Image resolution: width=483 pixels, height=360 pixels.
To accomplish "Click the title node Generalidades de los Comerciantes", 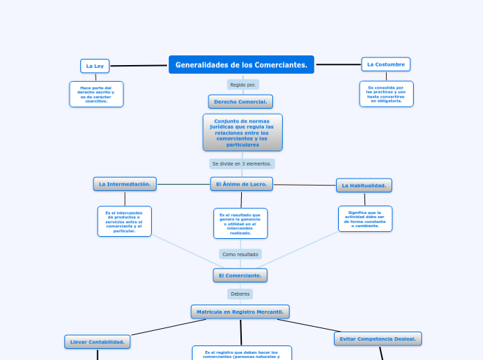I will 241,65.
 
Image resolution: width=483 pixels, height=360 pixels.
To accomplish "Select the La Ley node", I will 95,66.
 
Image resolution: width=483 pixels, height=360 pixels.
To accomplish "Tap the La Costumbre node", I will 386,64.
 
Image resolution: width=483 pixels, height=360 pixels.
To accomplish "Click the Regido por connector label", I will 243,84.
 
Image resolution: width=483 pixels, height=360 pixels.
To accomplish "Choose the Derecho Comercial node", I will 240,102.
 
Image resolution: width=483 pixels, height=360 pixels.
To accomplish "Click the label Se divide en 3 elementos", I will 242,164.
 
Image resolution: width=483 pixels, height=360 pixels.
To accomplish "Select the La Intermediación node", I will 125,184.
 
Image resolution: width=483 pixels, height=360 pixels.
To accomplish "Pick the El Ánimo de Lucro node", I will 241,184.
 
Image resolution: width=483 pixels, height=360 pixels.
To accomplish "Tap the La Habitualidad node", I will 364,186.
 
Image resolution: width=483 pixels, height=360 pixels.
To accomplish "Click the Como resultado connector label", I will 240,254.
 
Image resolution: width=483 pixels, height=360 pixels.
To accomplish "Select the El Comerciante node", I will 240,276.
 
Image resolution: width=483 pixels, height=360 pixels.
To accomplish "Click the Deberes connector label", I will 240,294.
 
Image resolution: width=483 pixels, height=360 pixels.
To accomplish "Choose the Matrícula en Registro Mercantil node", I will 240,312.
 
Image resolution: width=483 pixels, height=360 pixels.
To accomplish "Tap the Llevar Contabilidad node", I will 98,342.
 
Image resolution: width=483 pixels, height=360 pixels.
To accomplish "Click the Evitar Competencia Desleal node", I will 378,339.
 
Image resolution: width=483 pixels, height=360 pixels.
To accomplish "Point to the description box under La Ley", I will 96,94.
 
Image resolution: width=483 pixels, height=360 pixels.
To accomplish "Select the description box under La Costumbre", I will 386,94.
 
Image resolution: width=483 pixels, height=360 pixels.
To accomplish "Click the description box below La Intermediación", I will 125,222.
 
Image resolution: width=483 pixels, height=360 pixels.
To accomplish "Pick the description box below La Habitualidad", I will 365,219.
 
